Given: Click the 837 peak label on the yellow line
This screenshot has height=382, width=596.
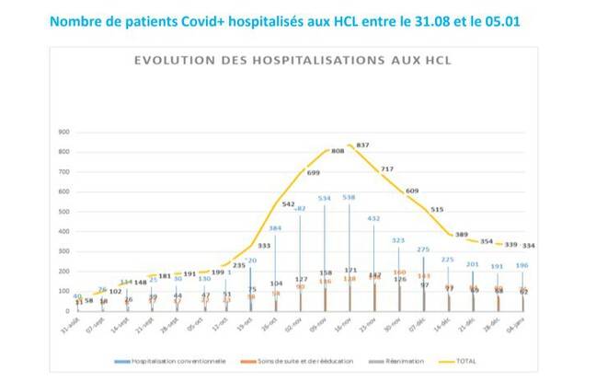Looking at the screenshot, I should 362,145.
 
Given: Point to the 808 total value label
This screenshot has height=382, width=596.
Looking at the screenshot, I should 338,150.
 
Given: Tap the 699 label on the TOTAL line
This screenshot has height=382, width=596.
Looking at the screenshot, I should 315,172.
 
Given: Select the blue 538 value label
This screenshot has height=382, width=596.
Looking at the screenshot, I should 350,197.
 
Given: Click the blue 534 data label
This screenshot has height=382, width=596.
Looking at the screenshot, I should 326,197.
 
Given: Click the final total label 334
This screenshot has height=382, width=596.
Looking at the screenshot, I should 529,246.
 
